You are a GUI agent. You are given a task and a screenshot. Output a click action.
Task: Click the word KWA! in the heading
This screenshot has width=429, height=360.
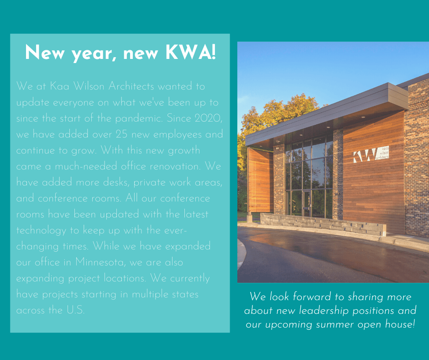click(191, 52)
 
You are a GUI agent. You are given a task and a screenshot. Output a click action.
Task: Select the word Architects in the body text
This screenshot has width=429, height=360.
click(131, 86)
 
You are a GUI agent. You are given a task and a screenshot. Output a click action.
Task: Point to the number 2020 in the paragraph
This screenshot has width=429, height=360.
click(208, 119)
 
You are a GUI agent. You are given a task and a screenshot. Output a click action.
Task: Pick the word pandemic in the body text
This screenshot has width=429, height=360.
click(139, 119)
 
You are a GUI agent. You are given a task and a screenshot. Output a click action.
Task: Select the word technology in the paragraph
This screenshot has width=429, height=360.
click(41, 231)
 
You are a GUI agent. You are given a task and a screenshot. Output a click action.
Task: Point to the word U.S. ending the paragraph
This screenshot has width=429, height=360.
click(75, 310)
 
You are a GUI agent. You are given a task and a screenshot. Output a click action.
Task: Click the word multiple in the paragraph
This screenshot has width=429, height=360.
click(150, 295)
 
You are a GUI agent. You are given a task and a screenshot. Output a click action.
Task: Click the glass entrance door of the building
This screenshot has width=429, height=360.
click(307, 203)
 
